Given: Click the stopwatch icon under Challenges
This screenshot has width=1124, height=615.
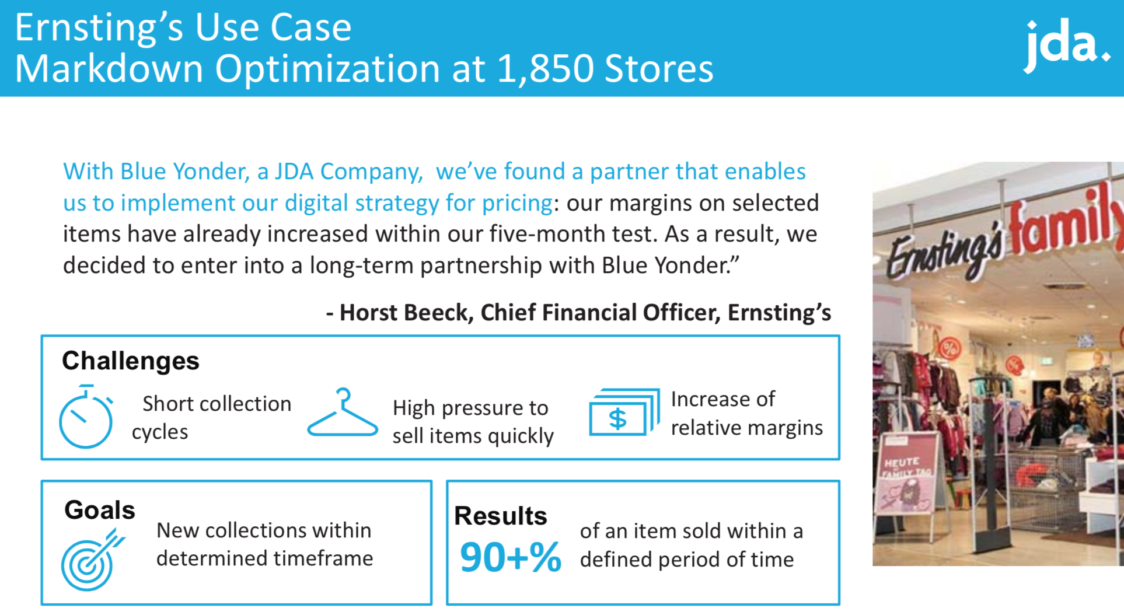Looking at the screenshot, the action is click(86, 417).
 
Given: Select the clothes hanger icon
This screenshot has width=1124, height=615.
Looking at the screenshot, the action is click(343, 412).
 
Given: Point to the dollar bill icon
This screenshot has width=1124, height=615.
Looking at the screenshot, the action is click(624, 412).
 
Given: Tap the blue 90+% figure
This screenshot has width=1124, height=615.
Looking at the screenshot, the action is click(511, 557).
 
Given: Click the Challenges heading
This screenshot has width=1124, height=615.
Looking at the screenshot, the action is click(131, 361).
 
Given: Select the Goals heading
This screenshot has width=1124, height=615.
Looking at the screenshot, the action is click(100, 510).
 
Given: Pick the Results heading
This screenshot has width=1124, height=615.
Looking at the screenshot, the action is click(501, 516).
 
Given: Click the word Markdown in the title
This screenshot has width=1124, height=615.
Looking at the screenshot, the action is click(109, 69).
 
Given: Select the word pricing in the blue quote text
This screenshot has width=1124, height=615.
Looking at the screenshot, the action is click(517, 204).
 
